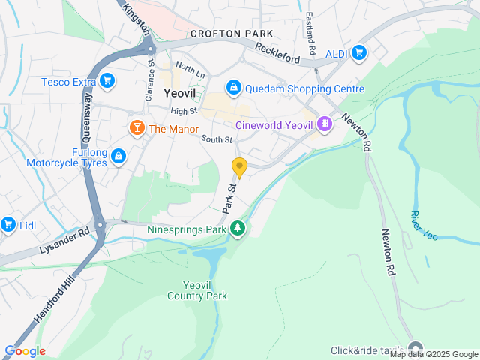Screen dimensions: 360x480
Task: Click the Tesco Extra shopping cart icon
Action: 107,80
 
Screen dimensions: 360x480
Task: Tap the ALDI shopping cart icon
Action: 359,52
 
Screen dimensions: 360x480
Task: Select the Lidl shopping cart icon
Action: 8,224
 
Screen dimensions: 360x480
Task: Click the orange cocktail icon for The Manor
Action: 136,128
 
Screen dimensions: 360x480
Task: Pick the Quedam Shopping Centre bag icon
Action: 234,88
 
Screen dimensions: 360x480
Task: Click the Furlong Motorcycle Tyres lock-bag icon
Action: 118,156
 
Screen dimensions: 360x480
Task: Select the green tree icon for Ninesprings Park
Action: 238,227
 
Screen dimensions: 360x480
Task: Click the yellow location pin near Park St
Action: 239,167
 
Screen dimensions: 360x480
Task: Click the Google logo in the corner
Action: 25,351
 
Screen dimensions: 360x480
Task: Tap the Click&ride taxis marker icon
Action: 415,350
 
